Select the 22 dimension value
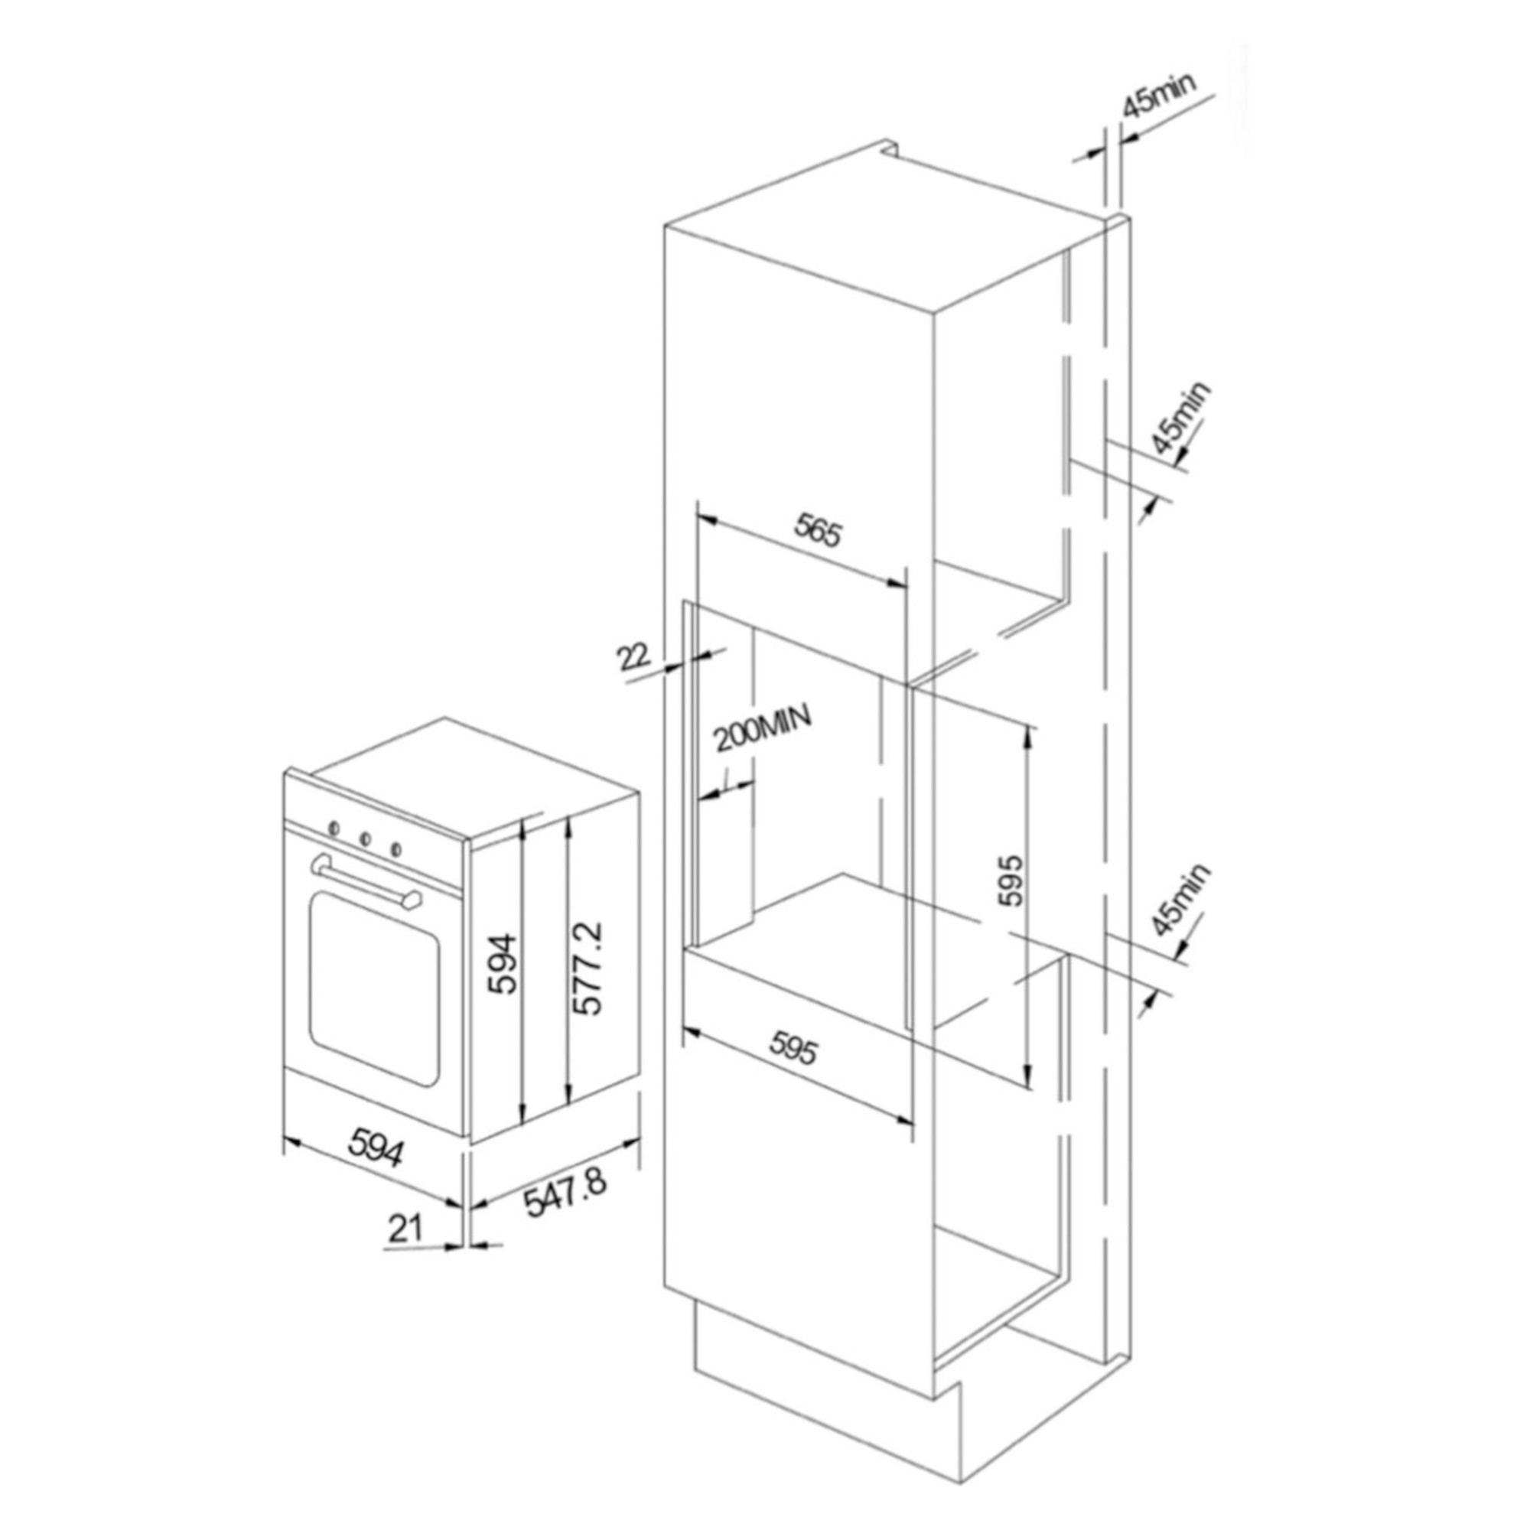tap(634, 656)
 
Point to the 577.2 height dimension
tap(588, 967)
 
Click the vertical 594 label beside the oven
tap(503, 964)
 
